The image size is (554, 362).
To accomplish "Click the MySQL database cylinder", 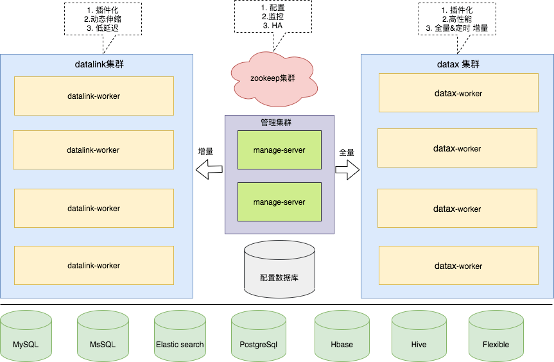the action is point(26,336).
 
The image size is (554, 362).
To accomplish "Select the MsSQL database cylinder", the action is point(103,336).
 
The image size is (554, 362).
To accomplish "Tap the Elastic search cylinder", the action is point(180,336).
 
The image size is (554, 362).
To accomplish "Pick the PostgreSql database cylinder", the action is point(259,336).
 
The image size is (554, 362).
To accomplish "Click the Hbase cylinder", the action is point(342,336).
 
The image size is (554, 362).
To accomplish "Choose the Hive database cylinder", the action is point(419,336).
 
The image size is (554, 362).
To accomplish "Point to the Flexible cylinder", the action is point(496,336).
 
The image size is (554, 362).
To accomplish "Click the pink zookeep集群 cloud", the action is point(274,79).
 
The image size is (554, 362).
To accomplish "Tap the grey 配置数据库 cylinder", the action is point(279,269).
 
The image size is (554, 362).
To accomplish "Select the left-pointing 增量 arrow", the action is point(209,169).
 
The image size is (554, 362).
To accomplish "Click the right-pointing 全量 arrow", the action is point(347,170).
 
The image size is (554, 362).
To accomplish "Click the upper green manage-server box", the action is point(279,150).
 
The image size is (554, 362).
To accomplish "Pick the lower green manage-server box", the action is point(279,202).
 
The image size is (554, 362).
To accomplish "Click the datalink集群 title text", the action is point(100,64).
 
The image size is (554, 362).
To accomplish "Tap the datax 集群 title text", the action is point(458,64).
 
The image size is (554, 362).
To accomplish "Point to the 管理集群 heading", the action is point(276,123).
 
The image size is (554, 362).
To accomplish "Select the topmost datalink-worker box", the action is point(94,96).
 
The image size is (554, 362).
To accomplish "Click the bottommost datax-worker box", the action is point(458,266).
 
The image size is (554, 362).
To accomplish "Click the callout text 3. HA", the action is point(273,26).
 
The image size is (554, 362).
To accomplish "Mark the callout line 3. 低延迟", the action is point(103,28).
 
